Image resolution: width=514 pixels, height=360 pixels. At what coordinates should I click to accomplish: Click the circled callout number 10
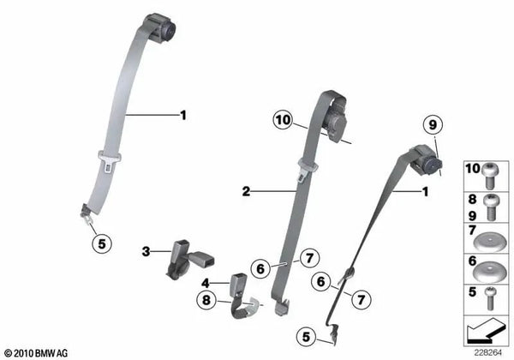click(x=284, y=120)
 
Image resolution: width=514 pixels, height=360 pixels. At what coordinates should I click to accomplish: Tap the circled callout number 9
click(x=433, y=125)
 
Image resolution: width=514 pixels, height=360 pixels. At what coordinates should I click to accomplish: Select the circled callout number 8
click(x=206, y=300)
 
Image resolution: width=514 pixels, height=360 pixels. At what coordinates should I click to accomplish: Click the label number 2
click(x=246, y=191)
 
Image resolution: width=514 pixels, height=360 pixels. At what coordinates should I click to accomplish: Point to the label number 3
click(x=146, y=252)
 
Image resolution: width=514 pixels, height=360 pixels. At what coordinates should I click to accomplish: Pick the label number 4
click(x=206, y=283)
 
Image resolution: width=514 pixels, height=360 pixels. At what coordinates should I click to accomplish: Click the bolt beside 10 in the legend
click(x=491, y=175)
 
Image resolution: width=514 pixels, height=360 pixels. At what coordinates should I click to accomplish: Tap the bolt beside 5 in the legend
click(x=491, y=298)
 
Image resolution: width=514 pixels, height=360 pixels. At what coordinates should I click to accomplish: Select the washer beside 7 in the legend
click(x=490, y=243)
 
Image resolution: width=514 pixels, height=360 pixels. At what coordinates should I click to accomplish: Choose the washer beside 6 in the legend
click(x=490, y=273)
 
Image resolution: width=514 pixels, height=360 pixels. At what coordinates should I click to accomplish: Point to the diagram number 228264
click(x=487, y=353)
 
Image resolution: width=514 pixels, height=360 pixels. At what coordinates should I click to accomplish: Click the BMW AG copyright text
click(x=36, y=353)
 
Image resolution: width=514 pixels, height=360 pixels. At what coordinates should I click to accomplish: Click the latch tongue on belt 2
click(x=308, y=170)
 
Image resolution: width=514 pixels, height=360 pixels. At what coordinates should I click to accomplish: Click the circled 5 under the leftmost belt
click(x=102, y=244)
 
